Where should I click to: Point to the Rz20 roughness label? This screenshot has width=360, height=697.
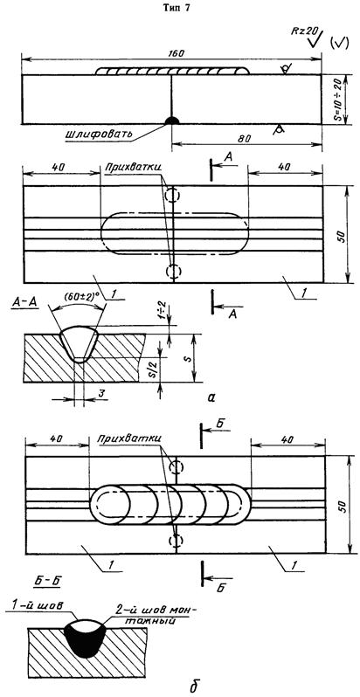[300, 32]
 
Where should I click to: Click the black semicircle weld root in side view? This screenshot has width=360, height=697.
[171, 120]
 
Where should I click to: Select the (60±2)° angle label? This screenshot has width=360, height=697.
[78, 308]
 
